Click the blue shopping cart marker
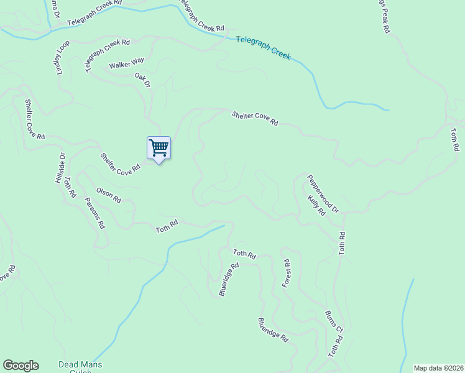pyautogui.click(x=159, y=148)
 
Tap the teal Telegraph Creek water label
pyautogui.click(x=264, y=48)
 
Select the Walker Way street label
pyautogui.click(x=126, y=63)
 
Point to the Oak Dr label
pyautogui.click(x=143, y=80)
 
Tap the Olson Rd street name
pyautogui.click(x=108, y=195)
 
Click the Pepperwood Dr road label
pyautogui.click(x=322, y=193)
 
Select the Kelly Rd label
pyautogui.click(x=316, y=205)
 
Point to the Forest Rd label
pyautogui.click(x=286, y=274)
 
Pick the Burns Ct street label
pyautogui.click(x=334, y=320)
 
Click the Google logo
pyautogui.click(x=21, y=366)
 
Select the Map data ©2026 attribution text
pyautogui.click(x=438, y=368)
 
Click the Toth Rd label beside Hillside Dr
pyautogui.click(x=70, y=186)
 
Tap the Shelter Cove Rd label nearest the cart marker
pyautogui.click(x=119, y=163)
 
